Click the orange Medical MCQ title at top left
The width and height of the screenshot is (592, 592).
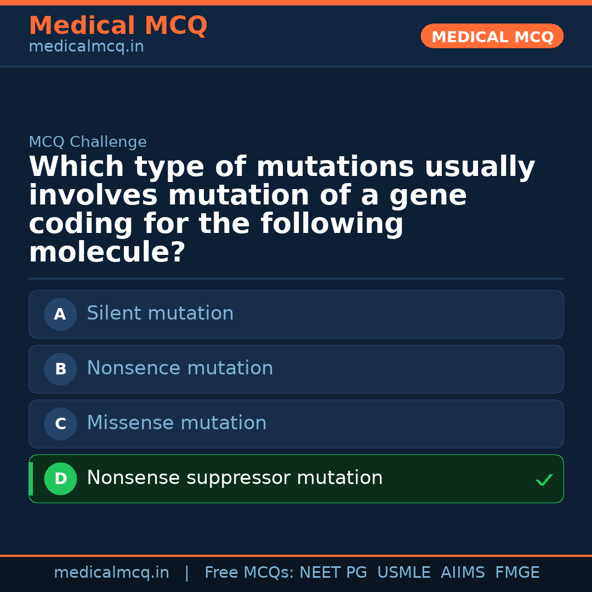(118, 26)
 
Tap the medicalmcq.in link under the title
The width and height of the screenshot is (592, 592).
(86, 47)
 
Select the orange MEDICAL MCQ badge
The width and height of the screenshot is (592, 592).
(492, 36)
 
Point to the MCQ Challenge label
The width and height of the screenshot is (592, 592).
(88, 143)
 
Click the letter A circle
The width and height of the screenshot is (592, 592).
(60, 314)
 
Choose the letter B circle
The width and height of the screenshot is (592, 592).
(60, 369)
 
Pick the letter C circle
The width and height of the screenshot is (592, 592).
(60, 424)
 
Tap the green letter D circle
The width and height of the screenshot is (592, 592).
(60, 479)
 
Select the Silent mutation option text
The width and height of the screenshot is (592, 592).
(160, 314)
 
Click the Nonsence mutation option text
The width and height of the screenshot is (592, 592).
(180, 368)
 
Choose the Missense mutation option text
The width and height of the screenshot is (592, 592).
(177, 423)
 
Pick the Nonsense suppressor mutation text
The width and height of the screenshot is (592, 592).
(235, 478)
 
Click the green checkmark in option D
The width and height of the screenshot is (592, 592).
(544, 480)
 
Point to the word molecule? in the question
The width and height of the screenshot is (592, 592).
(107, 253)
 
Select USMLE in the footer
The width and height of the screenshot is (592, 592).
(404, 573)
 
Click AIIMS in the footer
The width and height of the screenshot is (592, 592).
(463, 573)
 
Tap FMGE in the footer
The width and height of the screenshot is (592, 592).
(517, 573)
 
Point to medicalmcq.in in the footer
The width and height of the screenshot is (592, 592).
(111, 573)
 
